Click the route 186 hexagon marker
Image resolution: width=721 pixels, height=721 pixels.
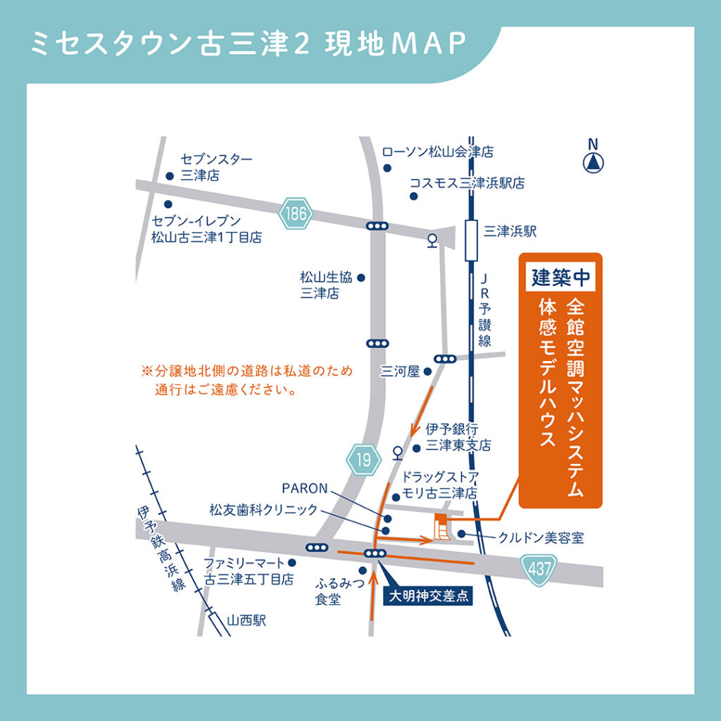point(296,213)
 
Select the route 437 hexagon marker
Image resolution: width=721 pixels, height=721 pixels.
point(539,570)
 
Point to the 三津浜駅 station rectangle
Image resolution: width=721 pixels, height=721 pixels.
point(470,242)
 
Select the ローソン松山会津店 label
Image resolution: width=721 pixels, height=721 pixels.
point(437,151)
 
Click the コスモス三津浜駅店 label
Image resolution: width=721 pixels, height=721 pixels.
point(467,183)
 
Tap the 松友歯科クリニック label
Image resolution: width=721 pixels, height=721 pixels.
point(263,509)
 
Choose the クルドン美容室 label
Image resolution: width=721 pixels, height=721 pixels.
point(541,538)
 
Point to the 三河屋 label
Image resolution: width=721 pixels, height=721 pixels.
point(399,370)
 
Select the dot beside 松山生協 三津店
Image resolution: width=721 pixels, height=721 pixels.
point(362,277)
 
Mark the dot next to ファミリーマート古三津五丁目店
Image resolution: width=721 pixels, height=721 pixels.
point(292,563)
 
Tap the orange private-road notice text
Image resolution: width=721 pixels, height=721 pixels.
point(246,380)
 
